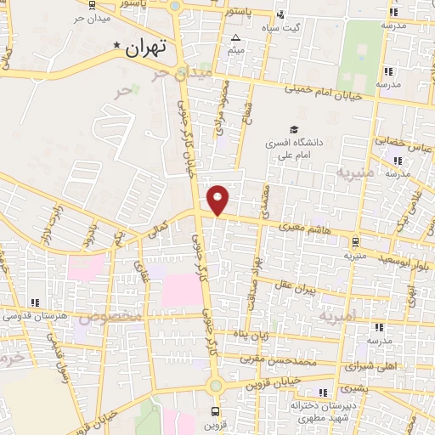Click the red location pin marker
click(219, 200)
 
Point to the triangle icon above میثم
click(236, 38)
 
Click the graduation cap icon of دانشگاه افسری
click(294, 130)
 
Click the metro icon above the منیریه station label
click(354, 242)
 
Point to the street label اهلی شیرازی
click(370, 365)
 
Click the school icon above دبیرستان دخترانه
click(323, 392)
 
